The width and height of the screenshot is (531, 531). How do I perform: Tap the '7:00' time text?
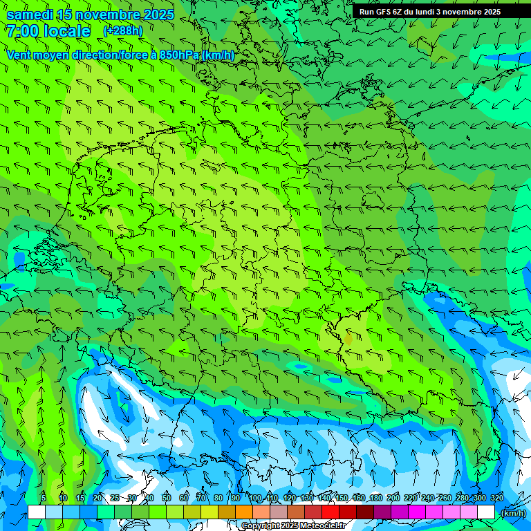pyautogui.click(x=22, y=31)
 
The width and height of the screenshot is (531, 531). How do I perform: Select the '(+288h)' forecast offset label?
pyautogui.click(x=123, y=31)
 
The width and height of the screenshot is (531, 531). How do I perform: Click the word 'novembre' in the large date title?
pyautogui.click(x=107, y=15)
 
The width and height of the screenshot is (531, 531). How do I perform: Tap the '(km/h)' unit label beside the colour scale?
pyautogui.click(x=512, y=512)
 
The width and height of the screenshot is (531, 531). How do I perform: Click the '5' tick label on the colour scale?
pyautogui.click(x=44, y=499)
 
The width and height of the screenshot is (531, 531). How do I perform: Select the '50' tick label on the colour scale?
pyautogui.click(x=167, y=499)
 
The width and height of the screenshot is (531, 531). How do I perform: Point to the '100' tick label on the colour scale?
pyautogui.click(x=255, y=499)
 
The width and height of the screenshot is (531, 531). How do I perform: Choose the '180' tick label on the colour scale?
pyautogui.click(x=376, y=499)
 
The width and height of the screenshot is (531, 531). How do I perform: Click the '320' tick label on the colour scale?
pyautogui.click(x=496, y=499)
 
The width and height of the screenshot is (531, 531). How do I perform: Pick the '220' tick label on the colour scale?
pyautogui.click(x=411, y=499)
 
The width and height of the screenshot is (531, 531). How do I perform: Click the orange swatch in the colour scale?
pyautogui.click(x=243, y=512)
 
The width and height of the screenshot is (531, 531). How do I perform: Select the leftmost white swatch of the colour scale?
pyautogui.click(x=36, y=512)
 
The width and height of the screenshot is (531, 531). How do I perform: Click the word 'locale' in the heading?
pyautogui.click(x=67, y=31)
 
